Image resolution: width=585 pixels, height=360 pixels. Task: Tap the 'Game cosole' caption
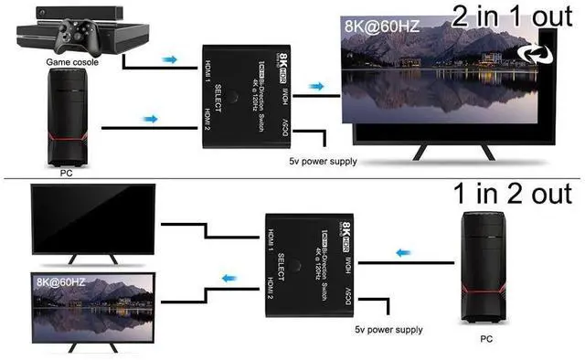tap(72, 62)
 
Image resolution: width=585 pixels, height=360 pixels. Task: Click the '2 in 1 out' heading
tap(512, 17)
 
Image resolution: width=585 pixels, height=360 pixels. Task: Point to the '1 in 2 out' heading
tap(513, 194)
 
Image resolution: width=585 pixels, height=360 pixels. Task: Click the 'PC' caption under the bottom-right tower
tap(487, 337)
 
